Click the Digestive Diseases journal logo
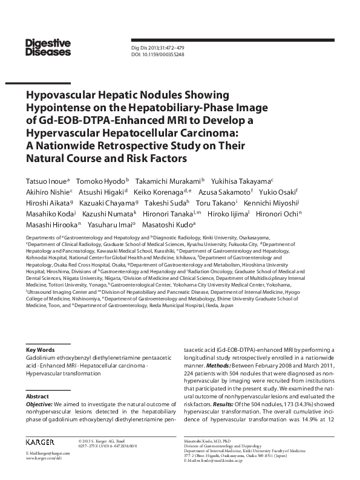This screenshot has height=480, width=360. point(48,47)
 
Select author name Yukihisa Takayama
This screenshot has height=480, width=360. point(244,181)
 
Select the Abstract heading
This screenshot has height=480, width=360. point(37,396)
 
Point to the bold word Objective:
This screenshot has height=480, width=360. point(39,403)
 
